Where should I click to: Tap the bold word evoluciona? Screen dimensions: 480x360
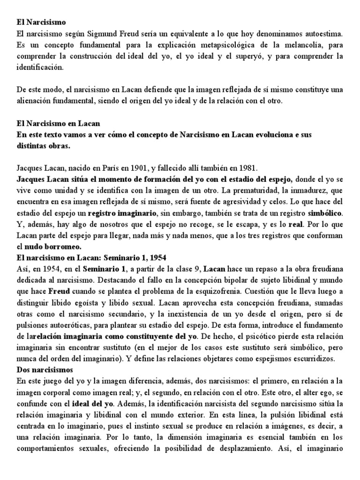(x=273, y=135)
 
